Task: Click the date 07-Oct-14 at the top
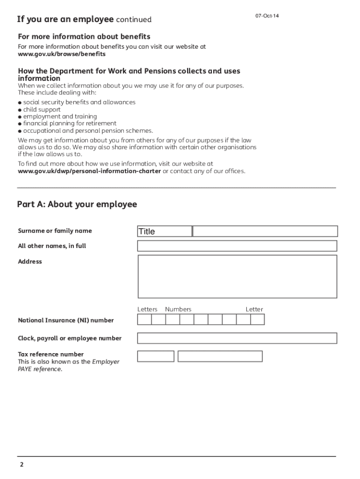click(267, 16)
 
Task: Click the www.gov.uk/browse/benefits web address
click(62, 54)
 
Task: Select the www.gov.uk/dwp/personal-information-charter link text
click(89, 171)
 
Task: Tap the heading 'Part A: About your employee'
click(77, 204)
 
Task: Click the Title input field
click(165, 231)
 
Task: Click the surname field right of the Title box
click(265, 231)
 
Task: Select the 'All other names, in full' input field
click(237, 246)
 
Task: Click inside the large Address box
click(237, 276)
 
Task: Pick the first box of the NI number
click(144, 319)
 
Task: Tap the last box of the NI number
click(258, 319)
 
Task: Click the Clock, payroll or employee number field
click(237, 338)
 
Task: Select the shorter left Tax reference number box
click(156, 356)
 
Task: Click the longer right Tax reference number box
click(220, 356)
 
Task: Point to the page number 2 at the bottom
click(22, 465)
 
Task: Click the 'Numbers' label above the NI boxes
click(178, 309)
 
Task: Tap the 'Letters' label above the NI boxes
click(147, 309)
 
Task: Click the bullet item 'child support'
click(42, 109)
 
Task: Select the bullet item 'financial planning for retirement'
click(70, 123)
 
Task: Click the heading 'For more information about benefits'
click(84, 36)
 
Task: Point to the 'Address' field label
click(30, 261)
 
